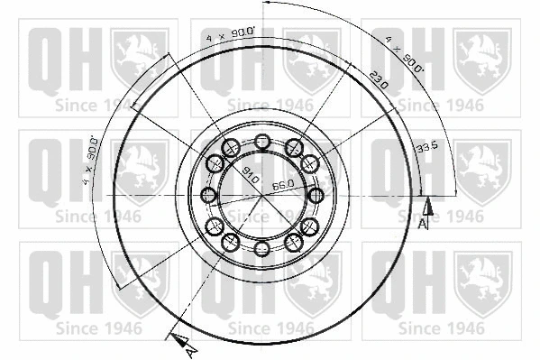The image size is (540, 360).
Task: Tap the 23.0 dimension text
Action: (x=378, y=78)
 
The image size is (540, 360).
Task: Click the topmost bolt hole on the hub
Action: (x=262, y=141)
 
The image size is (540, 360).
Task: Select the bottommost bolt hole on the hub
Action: (x=262, y=249)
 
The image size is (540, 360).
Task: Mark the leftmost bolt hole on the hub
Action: (x=208, y=195)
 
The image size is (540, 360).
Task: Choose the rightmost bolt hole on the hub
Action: (x=316, y=195)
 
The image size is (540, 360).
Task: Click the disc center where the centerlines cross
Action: (x=262, y=195)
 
